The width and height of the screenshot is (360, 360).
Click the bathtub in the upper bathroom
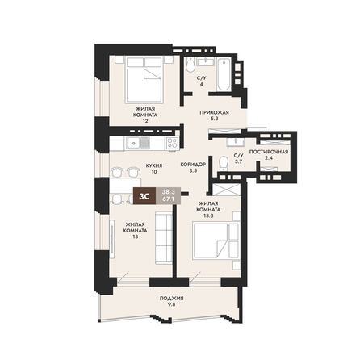pos(224,74)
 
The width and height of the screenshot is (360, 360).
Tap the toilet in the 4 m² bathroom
pos(190,65)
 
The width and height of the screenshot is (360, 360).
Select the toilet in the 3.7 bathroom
pos(224,164)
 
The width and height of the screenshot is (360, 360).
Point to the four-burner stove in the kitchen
pos(172,143)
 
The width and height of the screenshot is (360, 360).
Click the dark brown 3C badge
pos(144,196)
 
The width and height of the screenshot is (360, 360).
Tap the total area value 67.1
pos(169,200)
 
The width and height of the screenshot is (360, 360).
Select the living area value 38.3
pos(169,192)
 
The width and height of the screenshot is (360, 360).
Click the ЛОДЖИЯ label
pos(171,298)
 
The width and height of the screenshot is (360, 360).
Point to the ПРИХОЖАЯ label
pos(214,112)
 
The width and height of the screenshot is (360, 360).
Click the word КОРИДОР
pos(193,165)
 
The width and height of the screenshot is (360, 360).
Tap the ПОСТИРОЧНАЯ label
pos(269,152)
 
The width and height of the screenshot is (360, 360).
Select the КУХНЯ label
pos(154,165)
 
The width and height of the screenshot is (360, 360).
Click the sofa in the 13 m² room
pos(164,237)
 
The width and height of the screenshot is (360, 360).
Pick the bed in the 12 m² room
pos(145,80)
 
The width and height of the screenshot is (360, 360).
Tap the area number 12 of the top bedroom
pos(145,121)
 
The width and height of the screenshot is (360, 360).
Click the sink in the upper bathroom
pos(206,61)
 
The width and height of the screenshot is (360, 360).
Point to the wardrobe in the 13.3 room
pos(226,190)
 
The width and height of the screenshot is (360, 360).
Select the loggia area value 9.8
pos(171,304)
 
